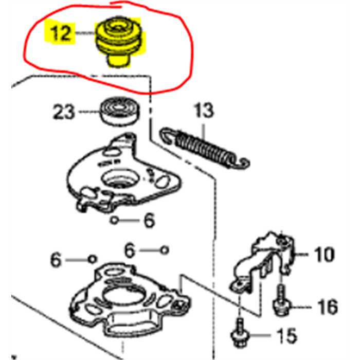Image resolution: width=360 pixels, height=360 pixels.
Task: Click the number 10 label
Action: tap(323, 254)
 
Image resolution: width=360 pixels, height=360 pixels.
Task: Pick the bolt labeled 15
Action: tap(241, 333)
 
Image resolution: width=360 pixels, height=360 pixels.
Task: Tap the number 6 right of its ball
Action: tap(148, 221)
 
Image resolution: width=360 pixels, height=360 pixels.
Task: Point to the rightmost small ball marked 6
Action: tap(164, 249)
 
